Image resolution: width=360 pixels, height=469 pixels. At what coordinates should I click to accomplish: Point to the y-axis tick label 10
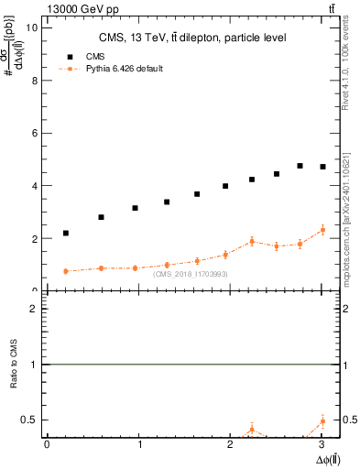tap(31, 27)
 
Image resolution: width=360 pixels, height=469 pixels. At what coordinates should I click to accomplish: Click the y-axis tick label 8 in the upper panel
tap(34, 80)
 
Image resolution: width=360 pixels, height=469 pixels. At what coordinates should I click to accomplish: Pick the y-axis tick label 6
tap(34, 133)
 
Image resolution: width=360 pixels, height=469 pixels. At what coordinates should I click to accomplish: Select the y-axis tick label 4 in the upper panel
tap(34, 186)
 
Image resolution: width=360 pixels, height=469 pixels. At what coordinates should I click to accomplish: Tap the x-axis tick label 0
tap(47, 444)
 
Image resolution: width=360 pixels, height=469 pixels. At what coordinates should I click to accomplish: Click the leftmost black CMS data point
tap(66, 233)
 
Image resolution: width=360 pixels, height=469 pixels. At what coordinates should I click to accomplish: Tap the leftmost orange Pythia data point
tap(66, 271)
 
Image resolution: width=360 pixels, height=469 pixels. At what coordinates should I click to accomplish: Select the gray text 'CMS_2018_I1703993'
tap(191, 274)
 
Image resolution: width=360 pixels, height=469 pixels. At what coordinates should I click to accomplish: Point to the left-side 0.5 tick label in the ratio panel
tap(30, 420)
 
